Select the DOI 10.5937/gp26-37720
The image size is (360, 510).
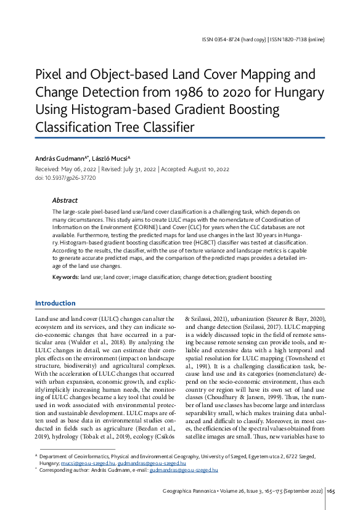[x=72, y=177]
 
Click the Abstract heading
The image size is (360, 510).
[x=65, y=200]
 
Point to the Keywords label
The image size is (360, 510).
[x=65, y=278]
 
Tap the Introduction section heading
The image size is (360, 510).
[x=55, y=303]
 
